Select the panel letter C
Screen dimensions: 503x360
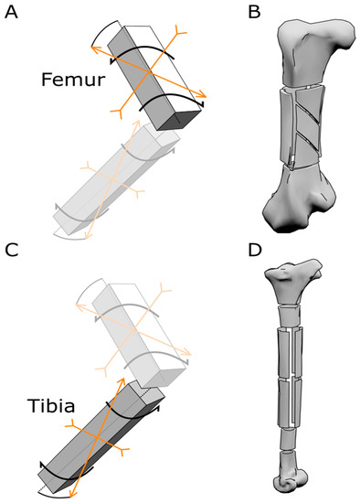[11, 249]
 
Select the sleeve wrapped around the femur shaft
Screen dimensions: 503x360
[301, 128]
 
